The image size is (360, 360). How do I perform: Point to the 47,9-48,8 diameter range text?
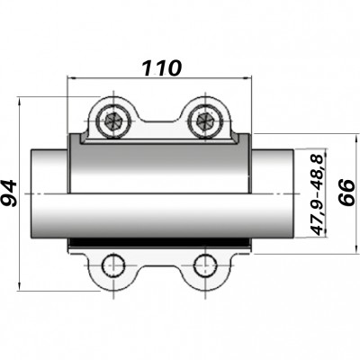(x=317, y=193)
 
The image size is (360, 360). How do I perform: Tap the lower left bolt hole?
(x=114, y=265)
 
